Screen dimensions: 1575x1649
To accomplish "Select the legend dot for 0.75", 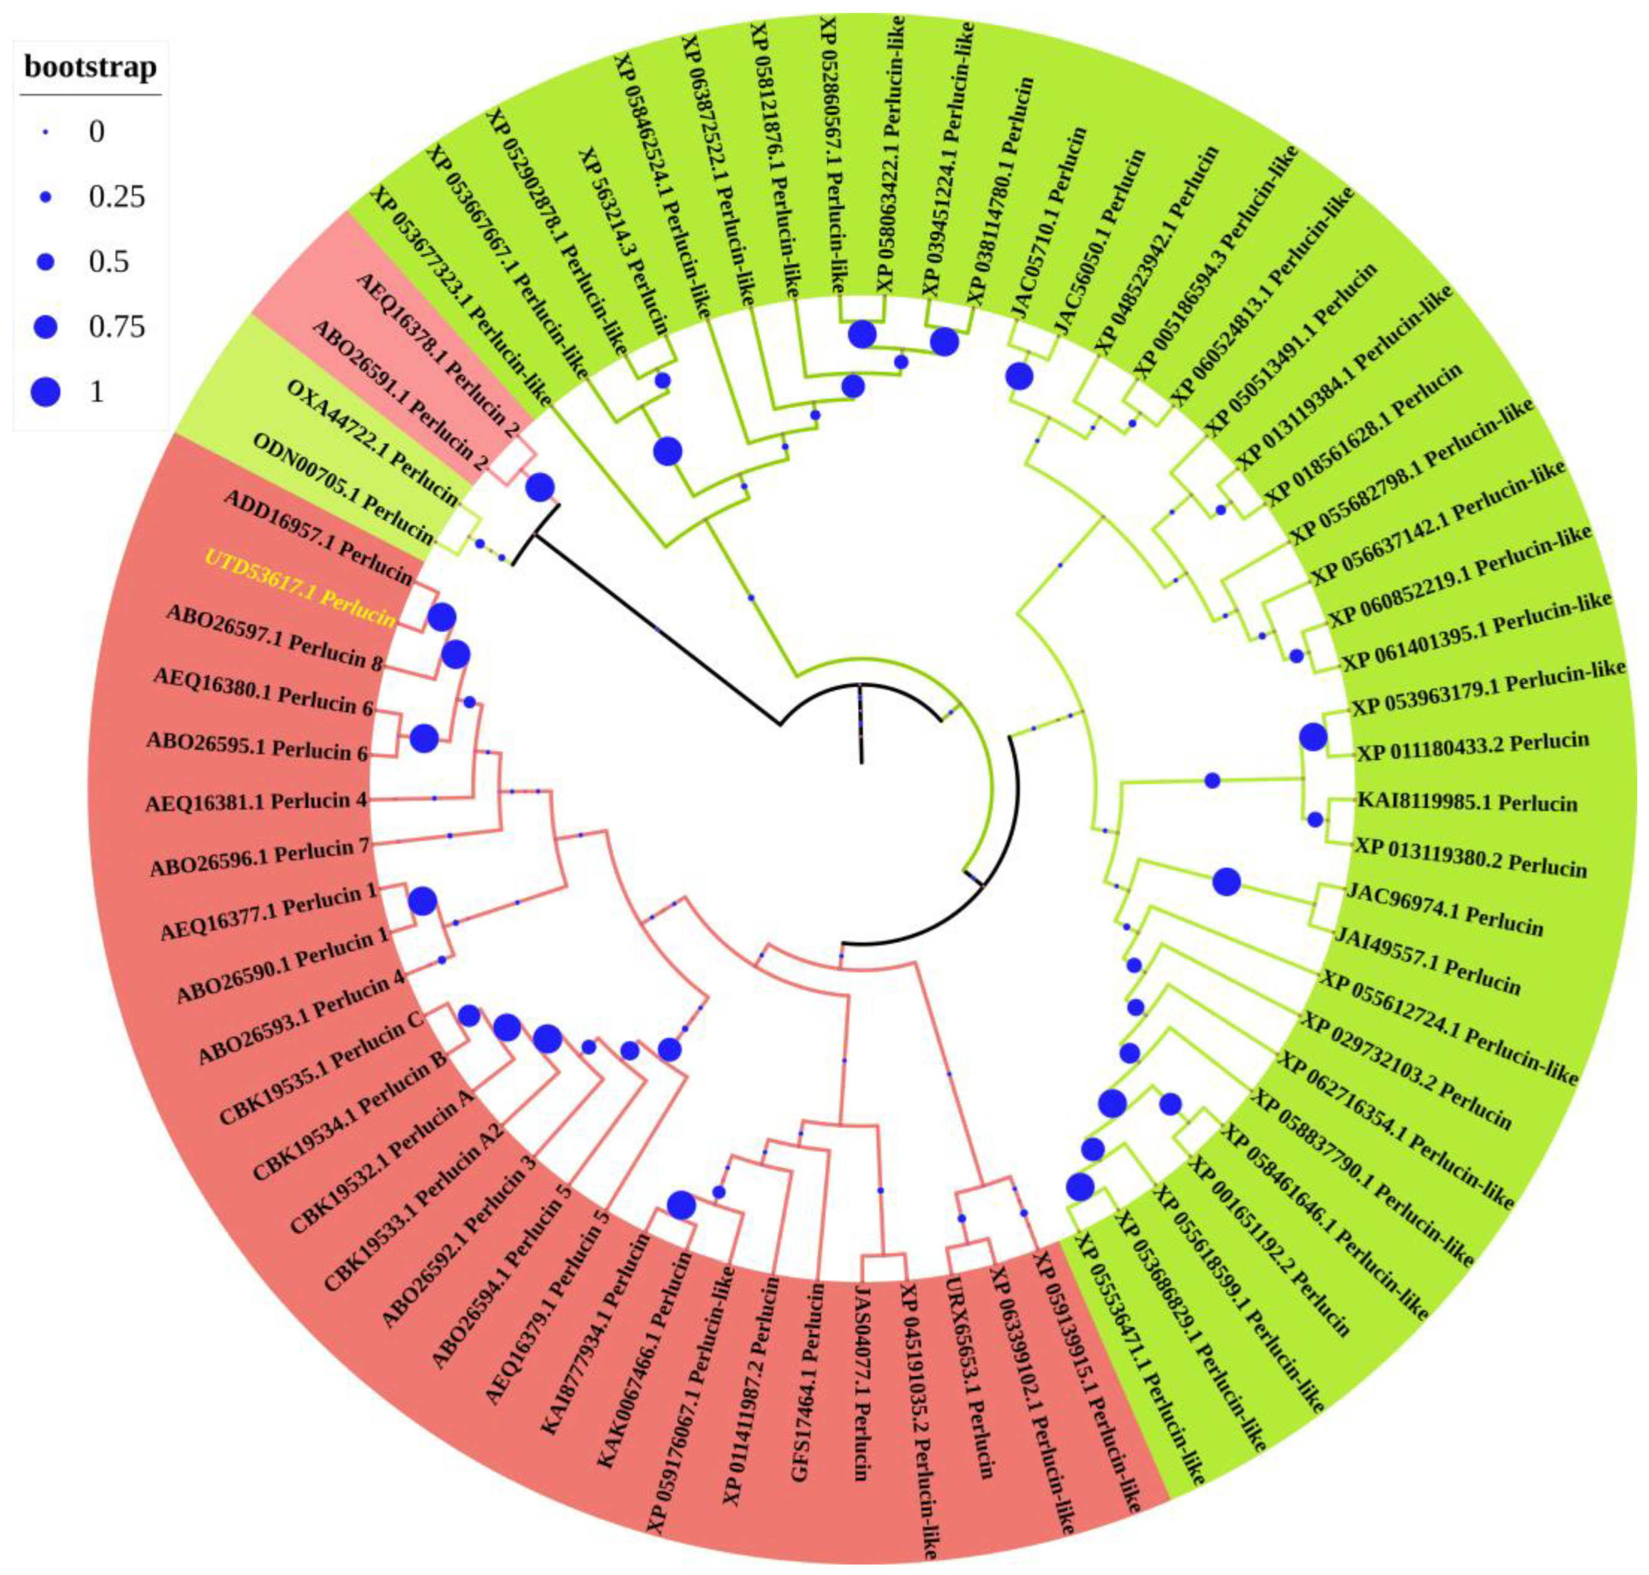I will (47, 327).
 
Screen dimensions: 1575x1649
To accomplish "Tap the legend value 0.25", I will (117, 197).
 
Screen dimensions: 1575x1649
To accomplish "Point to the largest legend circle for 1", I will (47, 391).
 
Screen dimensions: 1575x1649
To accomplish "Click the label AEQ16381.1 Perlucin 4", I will (257, 802).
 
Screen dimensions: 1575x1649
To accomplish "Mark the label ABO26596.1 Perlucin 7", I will (259, 857).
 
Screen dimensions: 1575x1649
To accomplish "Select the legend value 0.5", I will (109, 262).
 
